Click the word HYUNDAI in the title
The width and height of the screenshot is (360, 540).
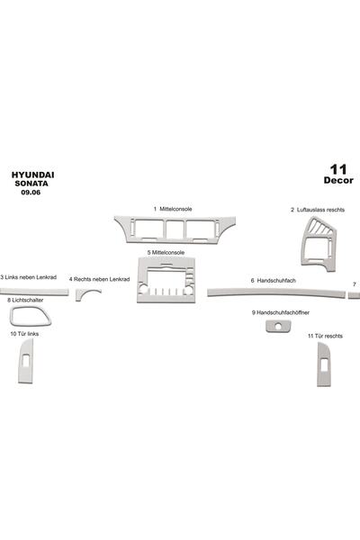click(x=32, y=175)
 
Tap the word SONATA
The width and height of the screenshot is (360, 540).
click(x=31, y=184)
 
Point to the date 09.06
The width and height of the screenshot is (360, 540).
click(x=31, y=193)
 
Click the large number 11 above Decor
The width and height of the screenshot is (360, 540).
click(x=338, y=169)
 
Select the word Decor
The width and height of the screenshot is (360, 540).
click(x=338, y=181)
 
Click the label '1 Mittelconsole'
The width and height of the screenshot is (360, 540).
click(x=173, y=209)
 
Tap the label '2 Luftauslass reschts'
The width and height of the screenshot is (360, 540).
click(x=318, y=210)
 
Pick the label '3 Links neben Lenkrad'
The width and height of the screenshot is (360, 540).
click(x=28, y=277)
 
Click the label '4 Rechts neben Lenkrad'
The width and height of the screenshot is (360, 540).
click(x=99, y=279)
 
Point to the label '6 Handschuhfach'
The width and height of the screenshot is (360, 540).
click(x=273, y=281)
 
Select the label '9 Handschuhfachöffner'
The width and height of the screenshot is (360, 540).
click(x=281, y=312)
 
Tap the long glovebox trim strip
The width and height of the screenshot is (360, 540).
click(x=275, y=292)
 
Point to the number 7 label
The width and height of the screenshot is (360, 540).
click(x=355, y=284)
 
